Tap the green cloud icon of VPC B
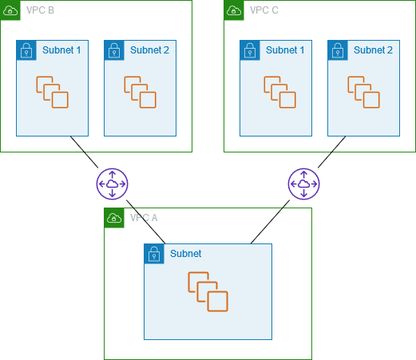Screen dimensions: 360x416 tap(10, 10)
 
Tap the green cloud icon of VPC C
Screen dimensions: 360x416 tap(234, 10)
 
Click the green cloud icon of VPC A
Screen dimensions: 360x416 tap(114, 218)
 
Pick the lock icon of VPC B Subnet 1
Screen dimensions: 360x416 tap(26, 49)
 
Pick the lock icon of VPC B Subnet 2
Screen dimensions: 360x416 tap(114, 49)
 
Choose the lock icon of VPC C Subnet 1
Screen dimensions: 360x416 tap(250, 49)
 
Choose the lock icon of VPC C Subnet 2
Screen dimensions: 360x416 tap(338, 49)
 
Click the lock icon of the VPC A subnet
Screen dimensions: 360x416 tap(154, 254)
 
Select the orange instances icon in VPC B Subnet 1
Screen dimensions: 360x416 tap(52, 92)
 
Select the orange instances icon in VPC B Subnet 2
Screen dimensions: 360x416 tap(140, 92)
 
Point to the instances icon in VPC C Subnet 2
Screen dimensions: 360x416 tap(363, 92)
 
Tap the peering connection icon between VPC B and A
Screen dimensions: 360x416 tap(112, 184)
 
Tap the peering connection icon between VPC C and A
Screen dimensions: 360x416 tap(303, 184)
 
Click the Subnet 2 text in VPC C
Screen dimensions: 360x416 tap(373, 49)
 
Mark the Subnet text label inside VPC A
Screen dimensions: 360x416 tap(185, 254)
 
